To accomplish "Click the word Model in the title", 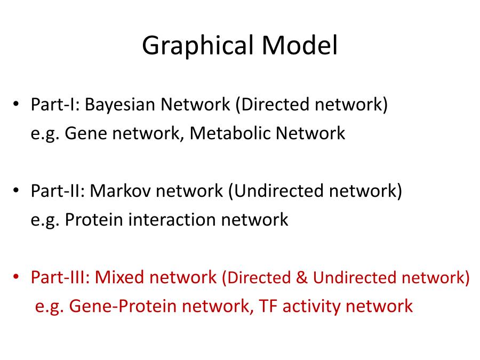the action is click(x=299, y=45).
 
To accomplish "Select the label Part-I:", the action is click(x=55, y=105).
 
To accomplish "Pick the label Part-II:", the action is click(x=58, y=191).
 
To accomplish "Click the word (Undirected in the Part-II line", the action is click(x=276, y=191).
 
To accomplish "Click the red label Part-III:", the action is click(x=60, y=277).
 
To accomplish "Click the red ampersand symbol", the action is click(x=301, y=277).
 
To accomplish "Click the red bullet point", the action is click(x=16, y=277).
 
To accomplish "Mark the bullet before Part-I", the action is click(x=16, y=104).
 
